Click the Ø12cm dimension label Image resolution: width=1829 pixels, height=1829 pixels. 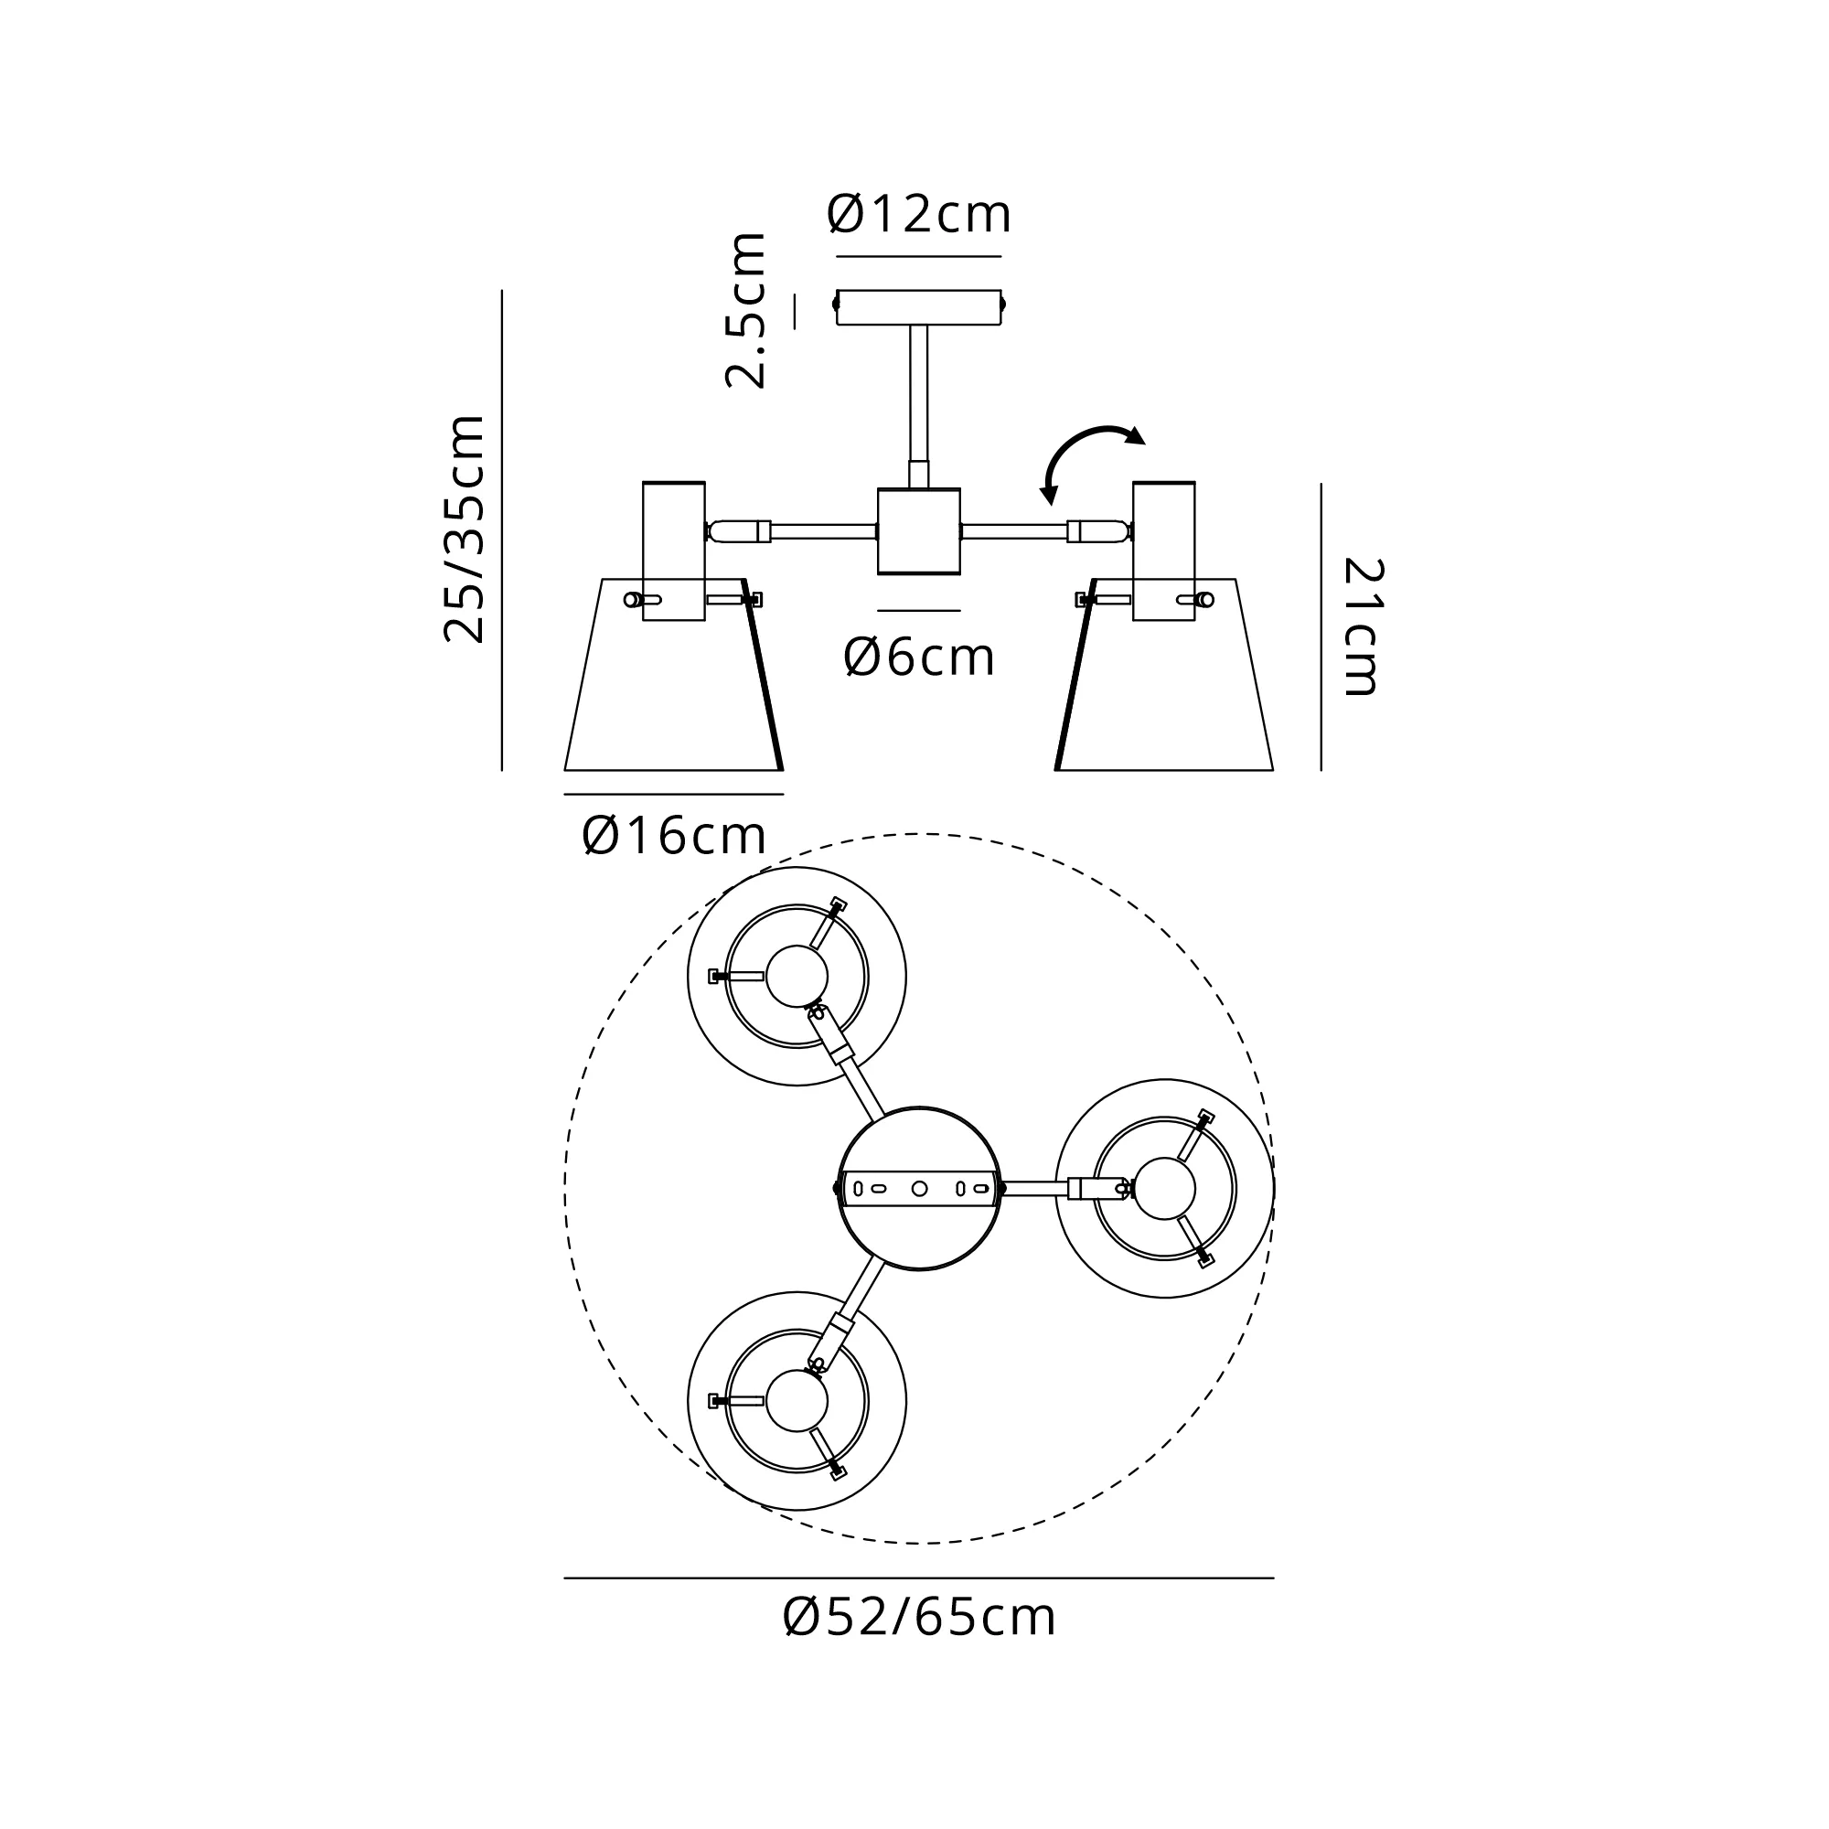[x=919, y=214]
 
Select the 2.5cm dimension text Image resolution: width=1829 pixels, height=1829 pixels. [x=745, y=310]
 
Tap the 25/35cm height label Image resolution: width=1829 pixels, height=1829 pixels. [x=465, y=529]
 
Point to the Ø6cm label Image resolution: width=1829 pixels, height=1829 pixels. [x=919, y=657]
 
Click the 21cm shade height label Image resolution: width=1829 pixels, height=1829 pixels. [x=1364, y=626]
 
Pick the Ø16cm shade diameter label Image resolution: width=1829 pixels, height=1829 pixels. [x=674, y=836]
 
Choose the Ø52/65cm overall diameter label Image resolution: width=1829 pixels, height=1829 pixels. [x=919, y=1617]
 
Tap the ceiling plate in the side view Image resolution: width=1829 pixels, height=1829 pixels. [x=919, y=306]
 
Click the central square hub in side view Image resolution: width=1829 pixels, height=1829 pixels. [x=919, y=531]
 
